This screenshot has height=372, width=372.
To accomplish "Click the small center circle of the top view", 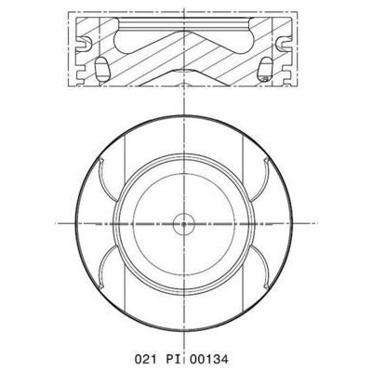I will [185, 224].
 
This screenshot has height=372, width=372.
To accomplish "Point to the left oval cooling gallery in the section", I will [99, 69].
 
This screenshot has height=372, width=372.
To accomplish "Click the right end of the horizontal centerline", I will [314, 224].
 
